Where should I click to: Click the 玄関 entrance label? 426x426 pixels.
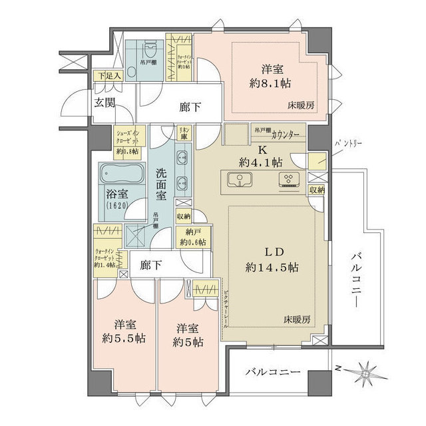pyautogui.click(x=105, y=103)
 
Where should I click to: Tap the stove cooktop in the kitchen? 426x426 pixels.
pyautogui.click(x=291, y=179)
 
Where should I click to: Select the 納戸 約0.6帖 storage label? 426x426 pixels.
pyautogui.click(x=192, y=238)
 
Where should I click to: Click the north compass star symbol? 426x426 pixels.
pyautogui.click(x=365, y=371)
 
